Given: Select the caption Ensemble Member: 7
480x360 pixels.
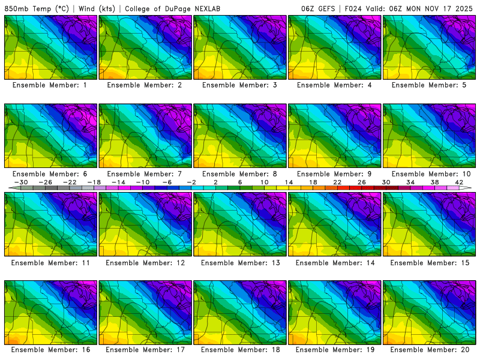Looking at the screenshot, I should pos(146,173).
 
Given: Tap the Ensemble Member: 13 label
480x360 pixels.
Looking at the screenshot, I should pos(241,262).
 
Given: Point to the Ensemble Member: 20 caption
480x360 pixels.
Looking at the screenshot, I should pos(431,350).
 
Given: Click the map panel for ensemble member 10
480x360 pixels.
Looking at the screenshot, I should pos(431,136).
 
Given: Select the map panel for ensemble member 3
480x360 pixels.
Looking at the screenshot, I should pos(241,47).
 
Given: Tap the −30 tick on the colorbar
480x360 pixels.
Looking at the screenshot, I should pos(21,182).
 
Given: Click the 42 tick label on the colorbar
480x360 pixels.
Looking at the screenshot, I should pos(459,182).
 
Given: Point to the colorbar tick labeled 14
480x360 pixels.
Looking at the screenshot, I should pos(289,182).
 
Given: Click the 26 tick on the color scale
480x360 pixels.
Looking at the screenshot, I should pos(362,182).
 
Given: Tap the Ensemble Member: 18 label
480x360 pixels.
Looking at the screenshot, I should pos(241,350).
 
